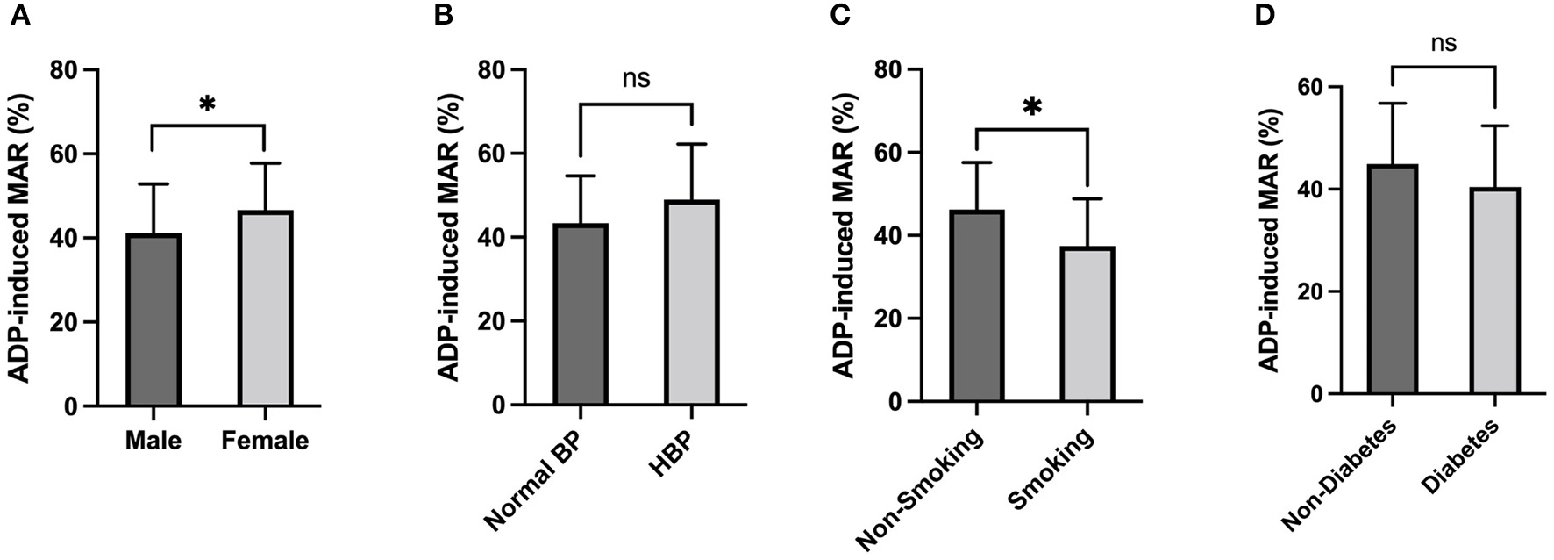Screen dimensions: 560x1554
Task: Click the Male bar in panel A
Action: pos(153,320)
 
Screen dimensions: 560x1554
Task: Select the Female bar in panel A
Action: pos(265,309)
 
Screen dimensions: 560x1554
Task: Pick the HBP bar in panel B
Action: pos(692,303)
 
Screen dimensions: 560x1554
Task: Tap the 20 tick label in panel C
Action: pos(885,319)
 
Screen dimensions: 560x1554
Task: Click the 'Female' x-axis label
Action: pos(265,440)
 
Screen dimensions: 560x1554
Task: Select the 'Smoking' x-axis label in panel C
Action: pos(1051,470)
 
